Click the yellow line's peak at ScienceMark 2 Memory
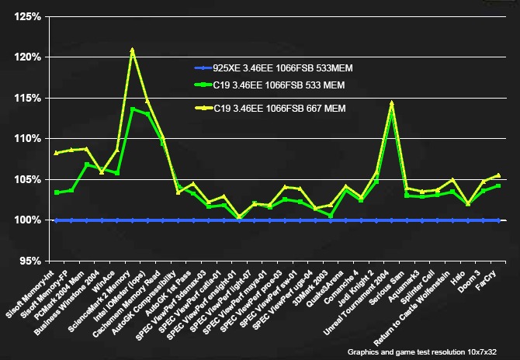click(x=132, y=50)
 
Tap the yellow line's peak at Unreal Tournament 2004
click(x=391, y=103)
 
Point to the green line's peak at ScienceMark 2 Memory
click(x=132, y=109)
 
